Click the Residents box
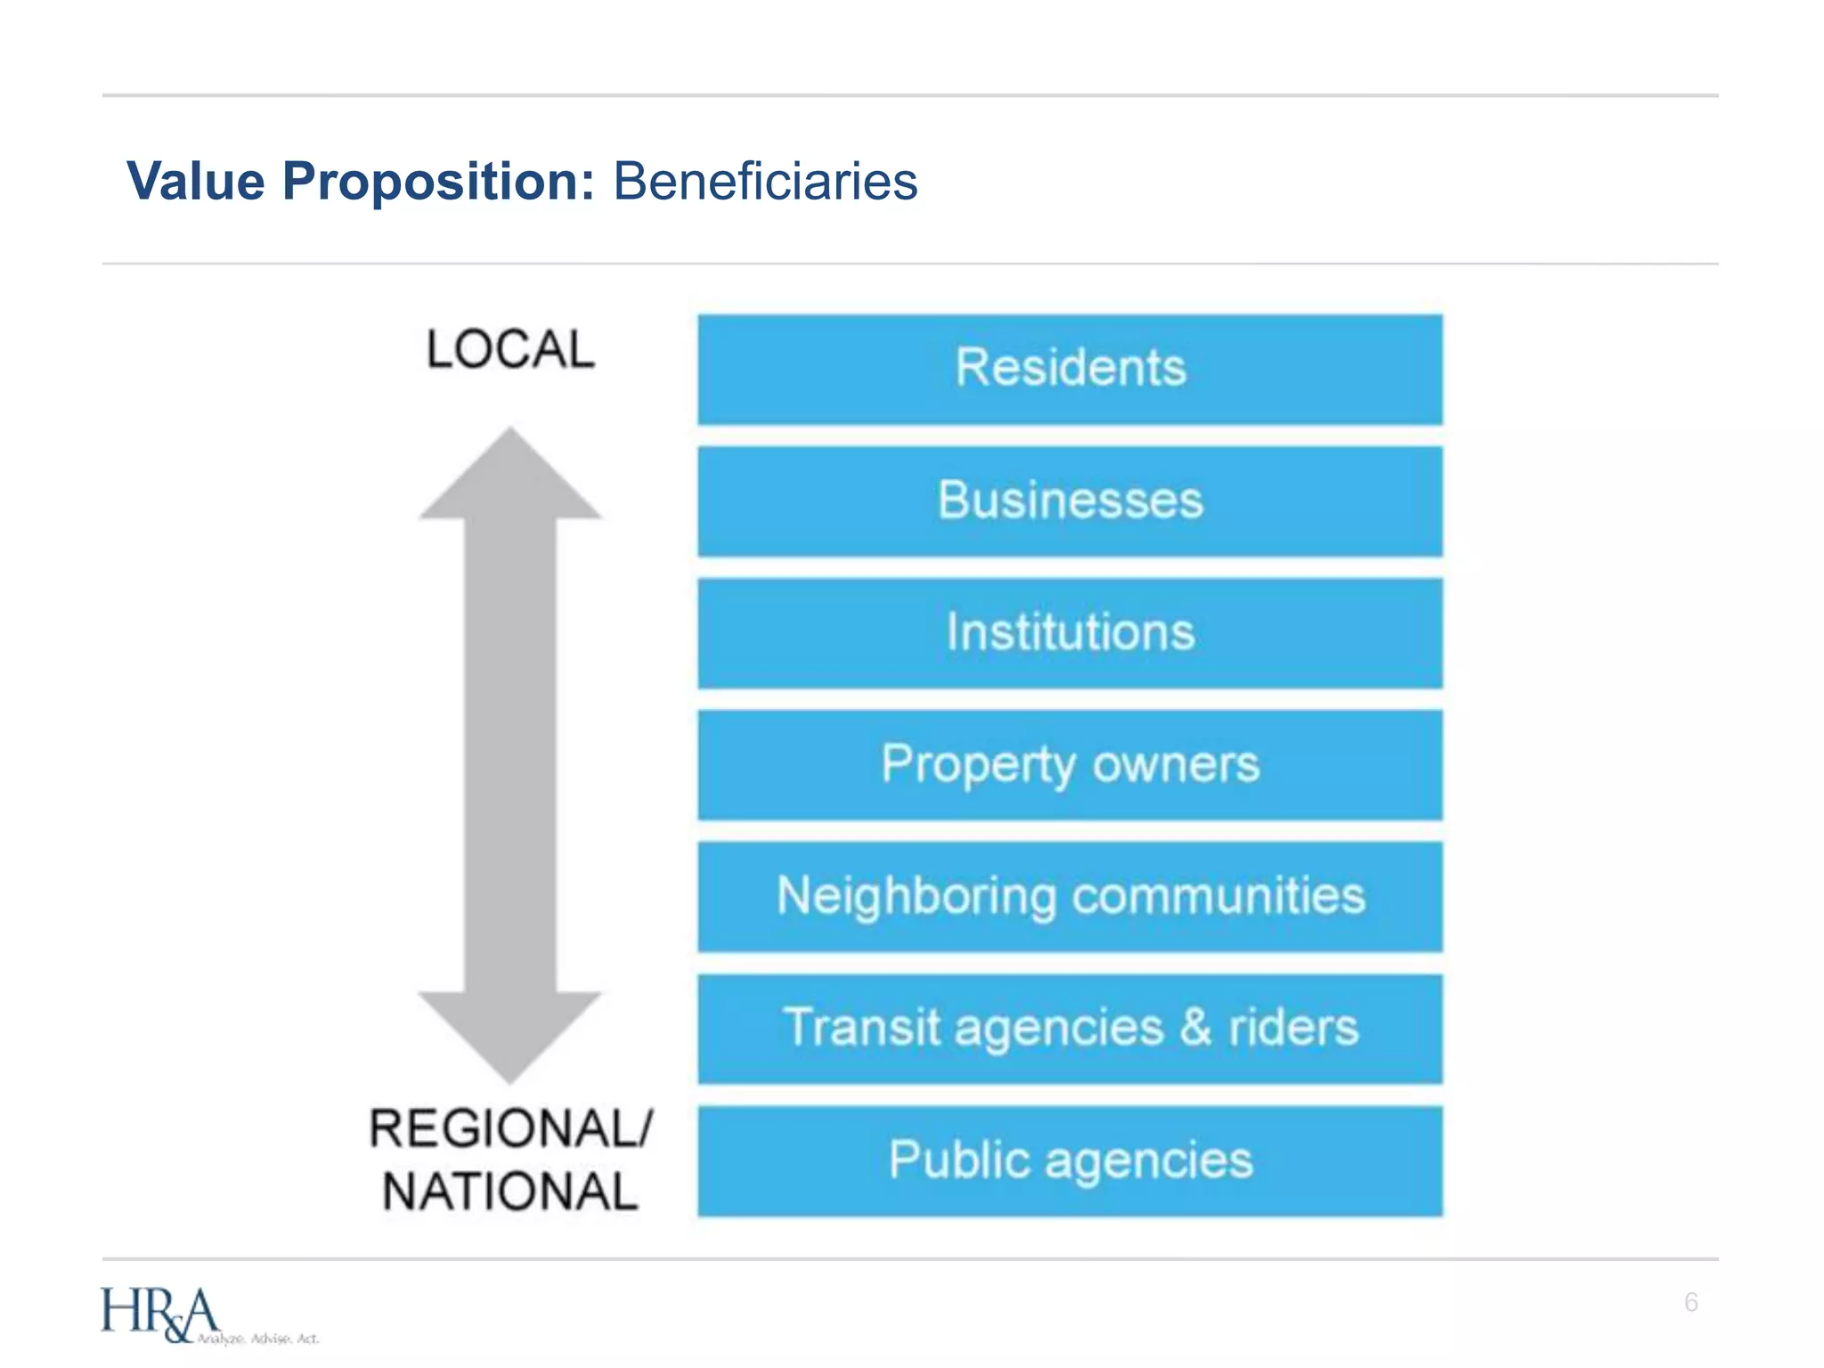point(1070,369)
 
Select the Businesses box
point(1070,501)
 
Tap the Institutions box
point(1070,632)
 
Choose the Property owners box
point(1070,764)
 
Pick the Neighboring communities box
point(1070,896)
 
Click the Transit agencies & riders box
point(1070,1028)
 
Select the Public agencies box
point(1070,1160)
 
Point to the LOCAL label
point(510,349)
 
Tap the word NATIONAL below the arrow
point(510,1192)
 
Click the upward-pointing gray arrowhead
point(510,476)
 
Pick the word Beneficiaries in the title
point(765,182)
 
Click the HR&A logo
point(159,1314)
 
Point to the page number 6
point(1690,1302)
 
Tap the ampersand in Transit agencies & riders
point(1195,1027)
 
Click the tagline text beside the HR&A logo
point(258,1339)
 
